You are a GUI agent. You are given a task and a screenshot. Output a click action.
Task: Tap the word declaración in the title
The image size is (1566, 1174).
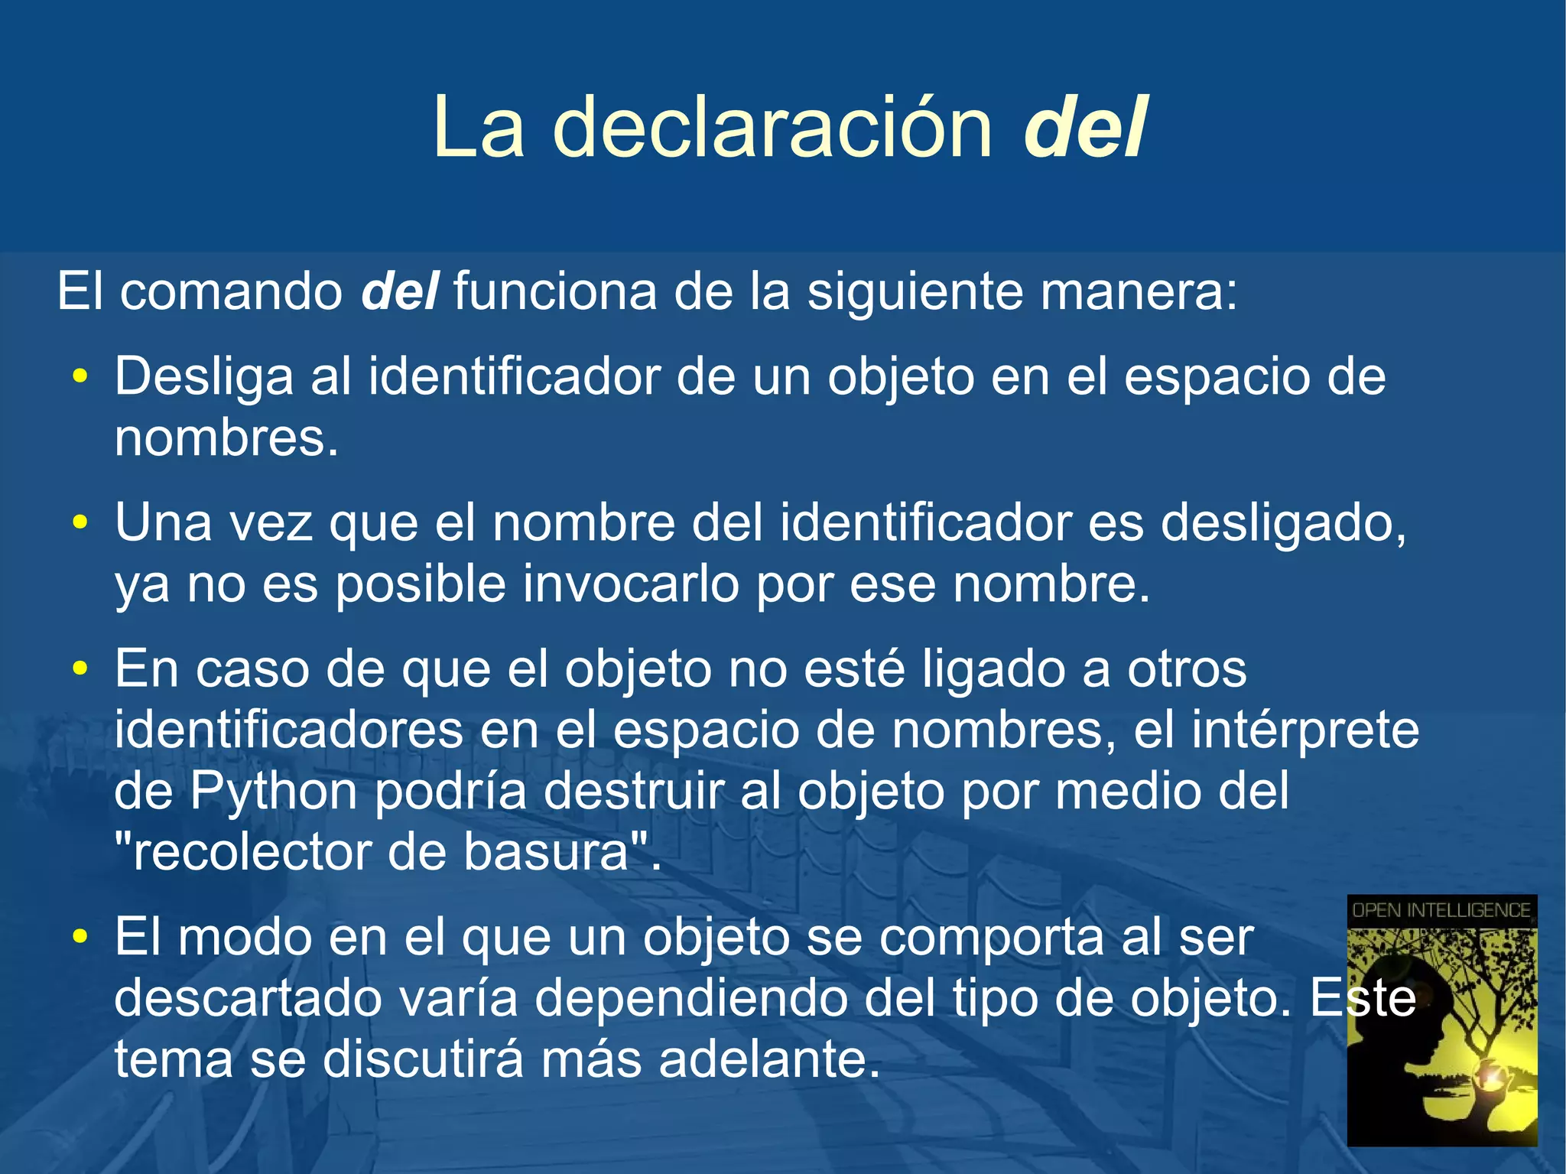[x=772, y=128]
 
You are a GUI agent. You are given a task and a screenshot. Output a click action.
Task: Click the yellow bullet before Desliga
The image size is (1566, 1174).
[x=80, y=377]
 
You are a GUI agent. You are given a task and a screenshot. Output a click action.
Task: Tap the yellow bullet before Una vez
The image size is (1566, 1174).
[x=80, y=523]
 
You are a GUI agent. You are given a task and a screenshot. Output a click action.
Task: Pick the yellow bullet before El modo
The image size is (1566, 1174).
[x=80, y=938]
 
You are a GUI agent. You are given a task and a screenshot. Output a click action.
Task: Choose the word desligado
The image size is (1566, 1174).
[x=1283, y=523]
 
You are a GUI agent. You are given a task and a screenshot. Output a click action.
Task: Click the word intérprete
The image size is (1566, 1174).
[x=1305, y=730]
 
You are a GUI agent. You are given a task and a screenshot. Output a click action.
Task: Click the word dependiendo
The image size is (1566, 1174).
[x=690, y=998]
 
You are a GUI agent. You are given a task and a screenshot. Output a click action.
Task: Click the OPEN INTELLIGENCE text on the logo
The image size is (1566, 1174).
[x=1441, y=910]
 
